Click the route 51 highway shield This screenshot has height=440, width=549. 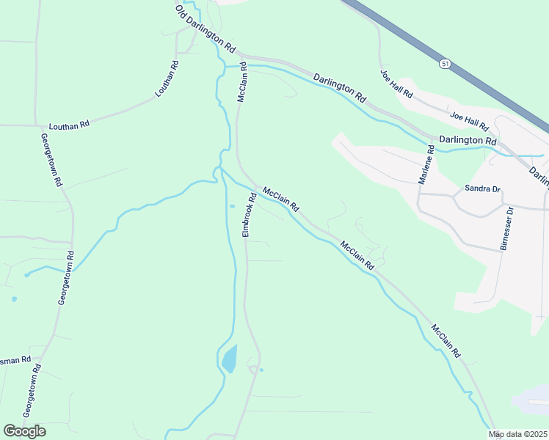coord(446,65)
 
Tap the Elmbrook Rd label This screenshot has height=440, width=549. coord(250,214)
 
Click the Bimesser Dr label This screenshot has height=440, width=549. coord(506,229)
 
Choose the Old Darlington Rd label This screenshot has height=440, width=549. coord(206,29)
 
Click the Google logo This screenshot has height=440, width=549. coord(24,430)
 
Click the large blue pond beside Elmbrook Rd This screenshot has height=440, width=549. coord(229,359)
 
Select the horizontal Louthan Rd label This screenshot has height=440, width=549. coord(69,125)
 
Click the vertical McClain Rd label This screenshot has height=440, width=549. coord(242,83)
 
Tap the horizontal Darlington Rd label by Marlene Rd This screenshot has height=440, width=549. coord(468,140)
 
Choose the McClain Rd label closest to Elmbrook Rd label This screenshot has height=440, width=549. coord(280,199)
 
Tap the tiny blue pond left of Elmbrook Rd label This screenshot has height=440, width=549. coord(232,206)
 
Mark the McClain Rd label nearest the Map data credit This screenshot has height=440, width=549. coord(446,341)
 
